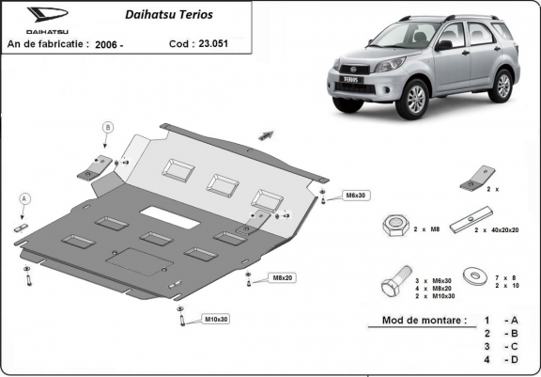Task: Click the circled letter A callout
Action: click(x=24, y=198)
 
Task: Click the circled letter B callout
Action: click(x=107, y=127)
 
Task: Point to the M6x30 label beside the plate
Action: click(x=352, y=196)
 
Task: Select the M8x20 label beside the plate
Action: click(x=283, y=277)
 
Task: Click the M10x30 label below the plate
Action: click(x=216, y=320)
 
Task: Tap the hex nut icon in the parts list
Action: click(x=394, y=227)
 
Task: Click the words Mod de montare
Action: click(x=423, y=321)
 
